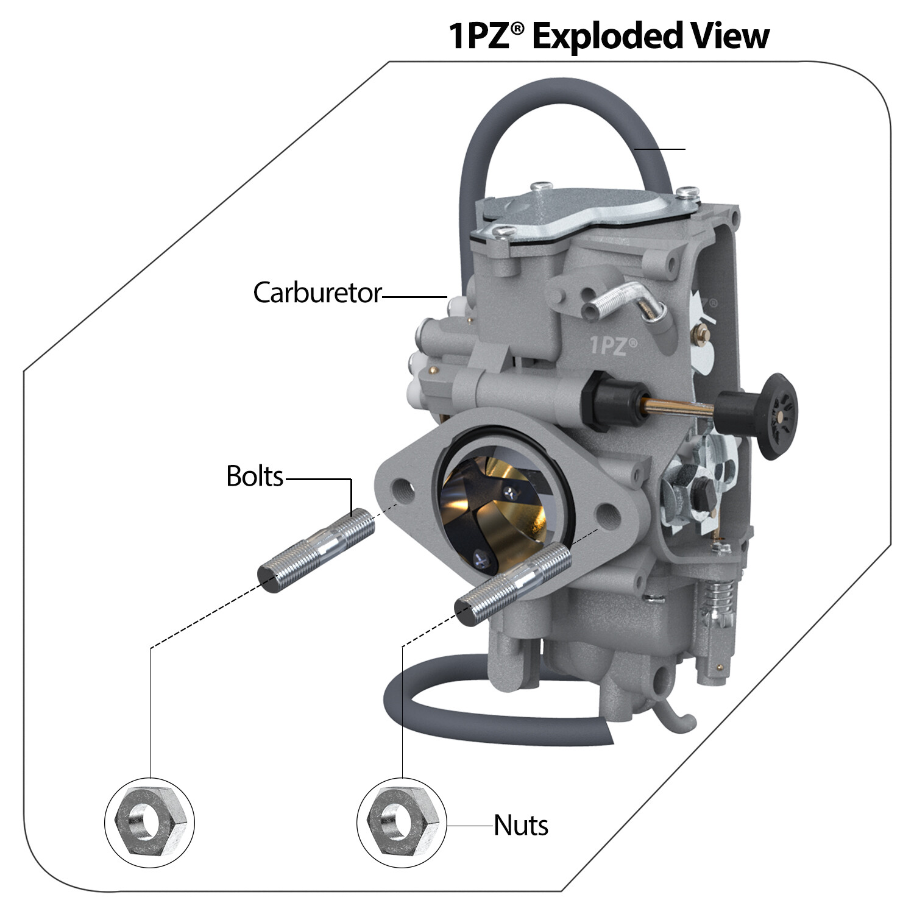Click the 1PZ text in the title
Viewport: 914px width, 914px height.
481,37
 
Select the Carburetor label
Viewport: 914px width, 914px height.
317,293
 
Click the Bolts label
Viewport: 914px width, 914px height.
255,476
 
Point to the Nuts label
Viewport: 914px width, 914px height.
521,826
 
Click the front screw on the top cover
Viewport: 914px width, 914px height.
503,232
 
